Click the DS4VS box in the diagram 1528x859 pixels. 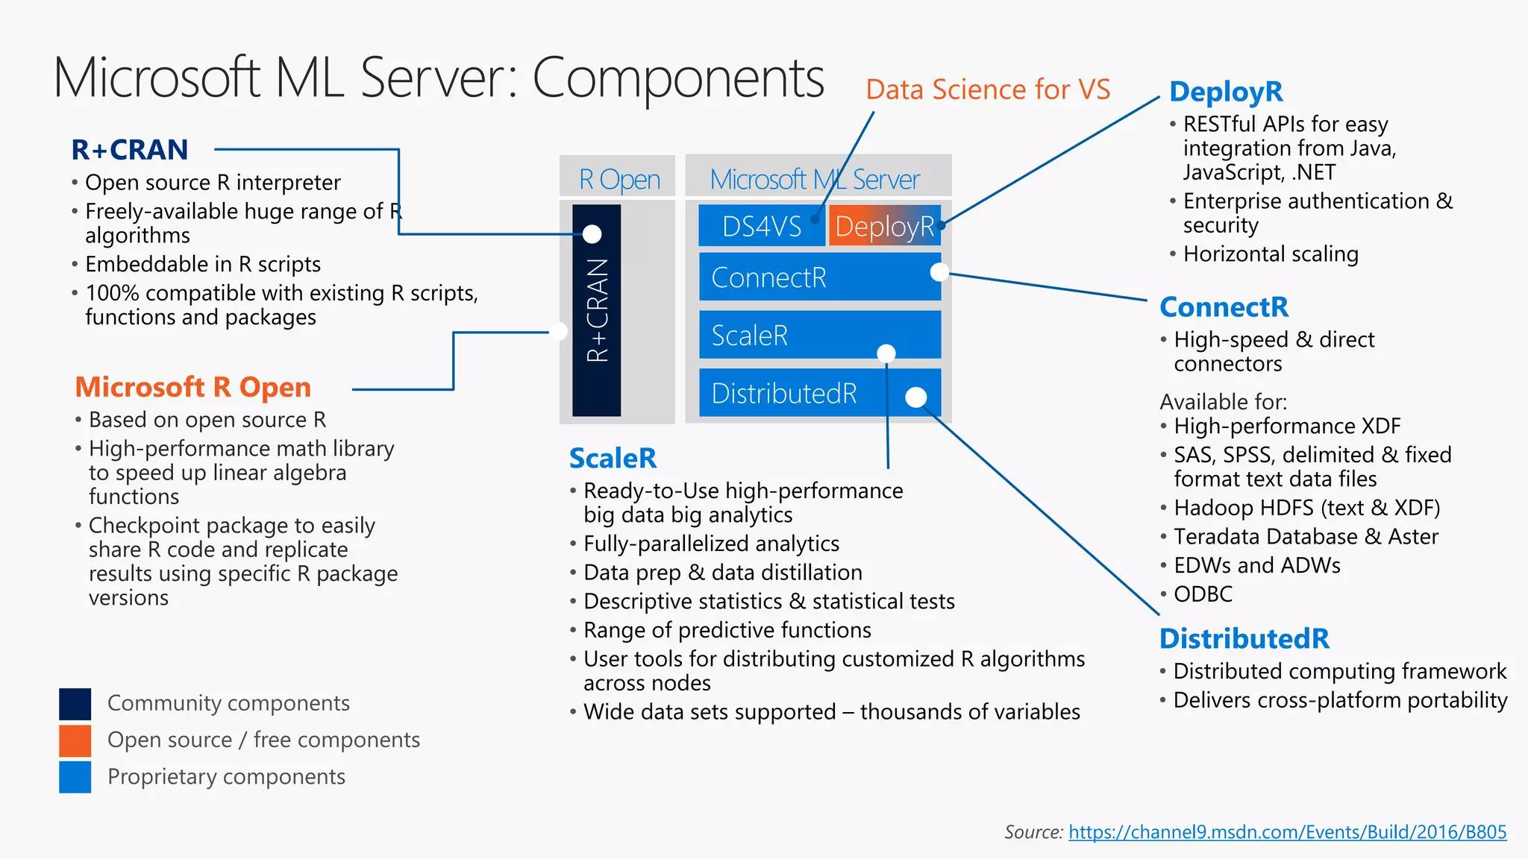pyautogui.click(x=761, y=226)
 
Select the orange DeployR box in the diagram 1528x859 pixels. pyautogui.click(x=884, y=226)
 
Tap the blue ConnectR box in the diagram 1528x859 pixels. pyautogui.click(x=819, y=277)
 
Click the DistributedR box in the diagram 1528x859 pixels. pyautogui.click(x=819, y=393)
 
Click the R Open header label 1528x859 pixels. pyautogui.click(x=619, y=179)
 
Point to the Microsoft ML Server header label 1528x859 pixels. pyautogui.click(x=815, y=179)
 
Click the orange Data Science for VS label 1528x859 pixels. pyautogui.click(x=988, y=89)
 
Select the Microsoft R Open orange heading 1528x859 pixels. pyautogui.click(x=192, y=387)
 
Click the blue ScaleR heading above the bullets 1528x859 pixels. pyautogui.click(x=613, y=458)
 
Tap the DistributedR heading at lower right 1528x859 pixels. pyautogui.click(x=1244, y=638)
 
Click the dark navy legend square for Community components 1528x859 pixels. pyautogui.click(x=75, y=703)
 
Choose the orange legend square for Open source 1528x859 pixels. pyautogui.click(x=75, y=740)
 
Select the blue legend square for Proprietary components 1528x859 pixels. pyautogui.click(x=75, y=777)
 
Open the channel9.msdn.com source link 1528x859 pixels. pyautogui.click(x=1287, y=832)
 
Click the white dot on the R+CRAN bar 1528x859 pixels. pyautogui.click(x=592, y=234)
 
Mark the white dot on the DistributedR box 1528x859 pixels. pyautogui.click(x=915, y=397)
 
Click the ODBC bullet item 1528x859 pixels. pyautogui.click(x=1203, y=594)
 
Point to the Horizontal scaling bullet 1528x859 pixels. pyautogui.click(x=1270, y=254)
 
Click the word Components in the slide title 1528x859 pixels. pyautogui.click(x=677, y=78)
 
